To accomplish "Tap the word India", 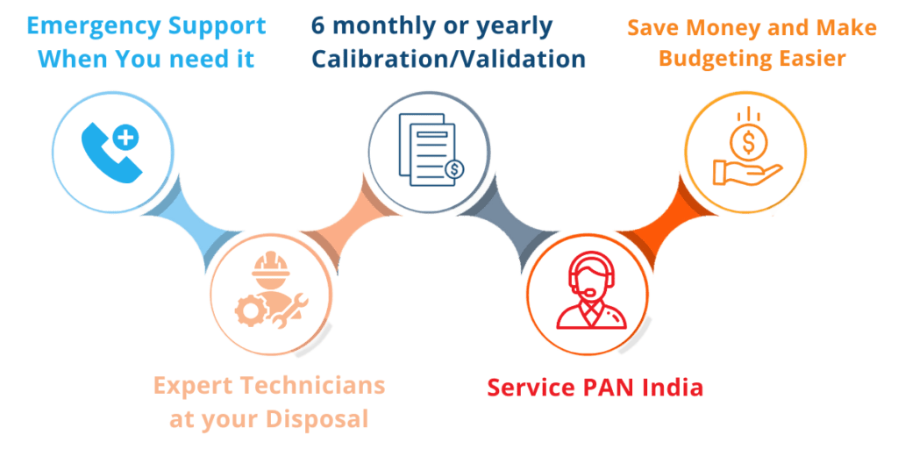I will tap(670, 387).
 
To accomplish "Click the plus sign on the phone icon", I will tap(125, 137).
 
